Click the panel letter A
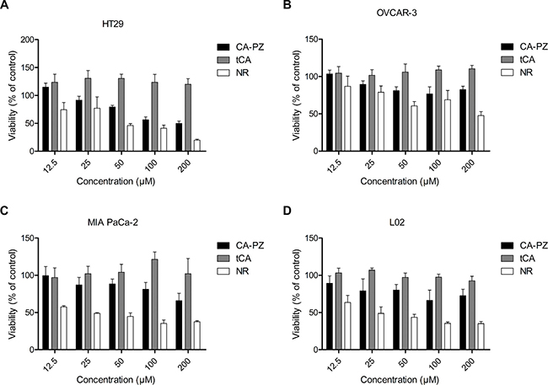click(x=5, y=6)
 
